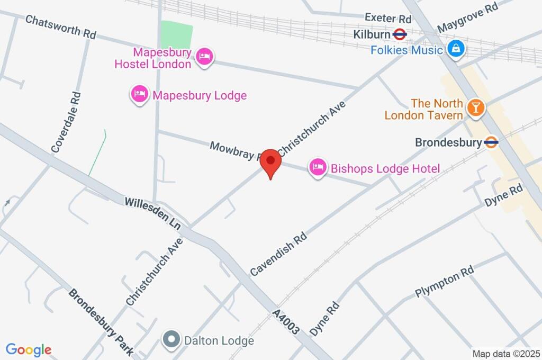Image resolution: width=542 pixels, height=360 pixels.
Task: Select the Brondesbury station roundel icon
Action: tap(491, 142)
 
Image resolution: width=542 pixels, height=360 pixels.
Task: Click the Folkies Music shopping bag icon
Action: tap(455, 49)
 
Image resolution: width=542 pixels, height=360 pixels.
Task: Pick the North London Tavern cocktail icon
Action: tap(476, 109)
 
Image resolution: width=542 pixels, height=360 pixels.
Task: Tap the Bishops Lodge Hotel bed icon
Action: tap(317, 168)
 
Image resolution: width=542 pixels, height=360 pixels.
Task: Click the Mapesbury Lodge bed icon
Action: tap(139, 95)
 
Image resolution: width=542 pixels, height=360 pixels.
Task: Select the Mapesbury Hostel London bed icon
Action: tap(204, 57)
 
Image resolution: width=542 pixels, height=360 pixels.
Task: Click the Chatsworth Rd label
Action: tap(60, 26)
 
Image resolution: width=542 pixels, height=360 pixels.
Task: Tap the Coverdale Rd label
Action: tap(66, 122)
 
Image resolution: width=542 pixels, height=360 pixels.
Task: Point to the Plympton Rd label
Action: tap(444, 283)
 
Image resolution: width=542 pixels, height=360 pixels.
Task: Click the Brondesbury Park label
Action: tap(101, 320)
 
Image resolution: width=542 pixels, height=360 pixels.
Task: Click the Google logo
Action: tap(29, 350)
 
